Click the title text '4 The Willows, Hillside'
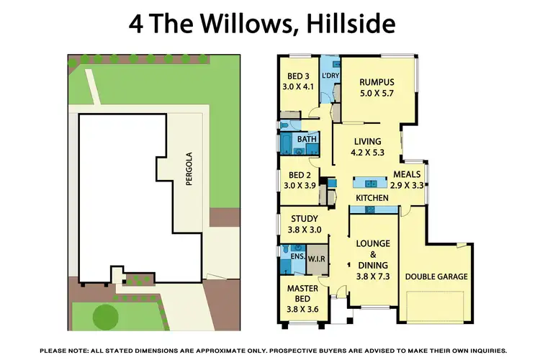tap(262, 24)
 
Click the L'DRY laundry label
tap(330, 76)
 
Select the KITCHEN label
tap(372, 197)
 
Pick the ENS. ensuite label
tap(296, 255)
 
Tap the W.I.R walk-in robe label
tap(317, 258)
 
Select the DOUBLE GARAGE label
tap(436, 276)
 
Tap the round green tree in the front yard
tap(106, 316)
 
